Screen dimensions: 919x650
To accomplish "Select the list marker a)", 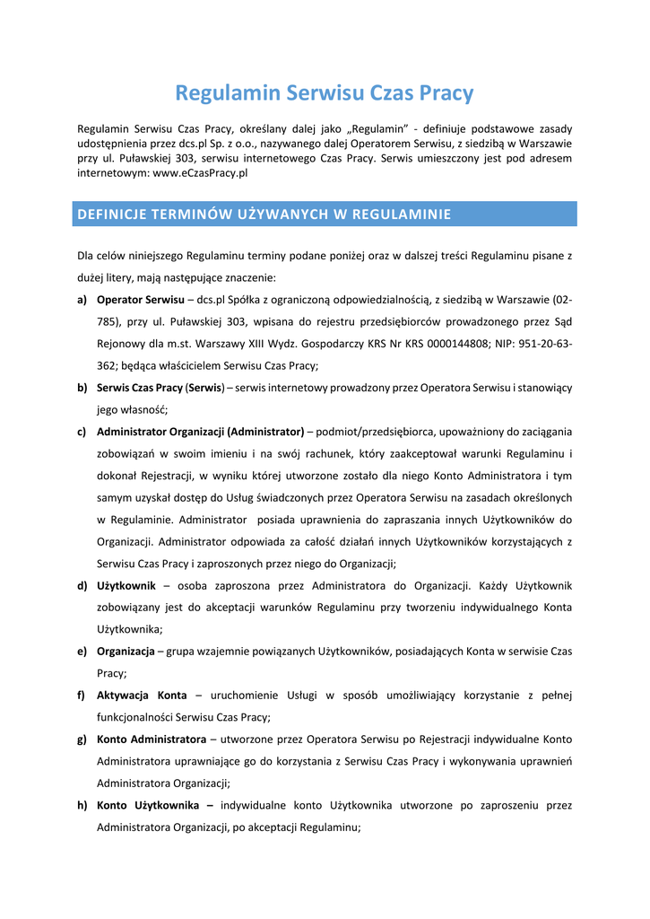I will point(82,300).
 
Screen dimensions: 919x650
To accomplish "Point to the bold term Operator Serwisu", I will point(140,300).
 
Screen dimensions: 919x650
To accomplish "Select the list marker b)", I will point(82,388).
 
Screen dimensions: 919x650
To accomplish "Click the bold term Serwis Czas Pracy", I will point(139,388).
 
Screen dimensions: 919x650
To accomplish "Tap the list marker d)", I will point(82,585).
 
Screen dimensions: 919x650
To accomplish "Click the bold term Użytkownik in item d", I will point(126,585).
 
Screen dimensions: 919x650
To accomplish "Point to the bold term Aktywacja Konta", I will point(142,695).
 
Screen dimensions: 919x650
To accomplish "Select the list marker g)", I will point(82,739).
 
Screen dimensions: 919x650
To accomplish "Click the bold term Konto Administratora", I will point(152,739).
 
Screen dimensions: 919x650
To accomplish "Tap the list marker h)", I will point(82,805).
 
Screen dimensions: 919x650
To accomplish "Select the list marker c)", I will point(82,432).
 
